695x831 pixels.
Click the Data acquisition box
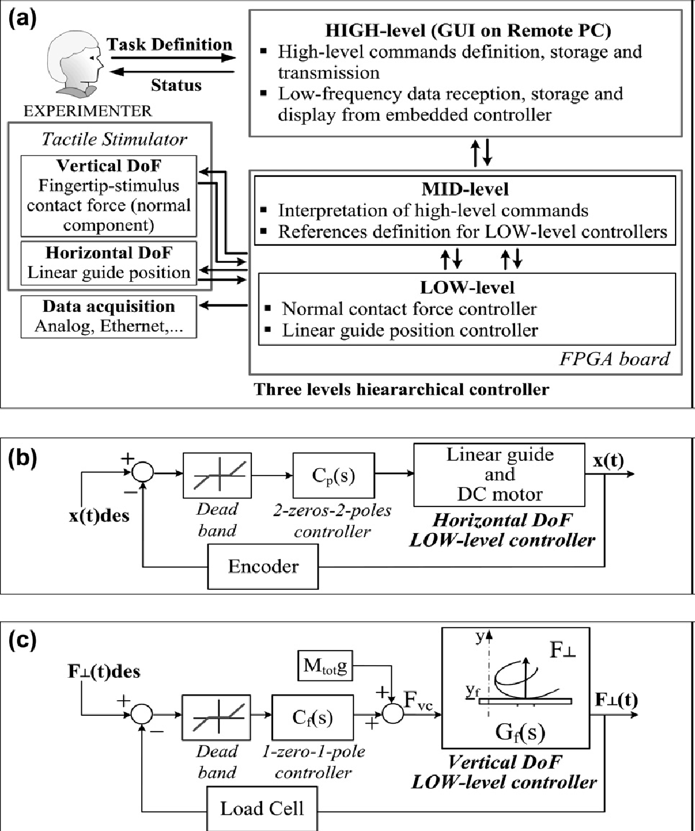(109, 316)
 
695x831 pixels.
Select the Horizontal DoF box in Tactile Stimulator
(109, 262)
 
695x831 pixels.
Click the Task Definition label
(170, 45)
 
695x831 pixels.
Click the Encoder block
(263, 566)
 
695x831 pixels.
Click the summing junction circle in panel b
(143, 474)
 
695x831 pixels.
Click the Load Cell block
(262, 809)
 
